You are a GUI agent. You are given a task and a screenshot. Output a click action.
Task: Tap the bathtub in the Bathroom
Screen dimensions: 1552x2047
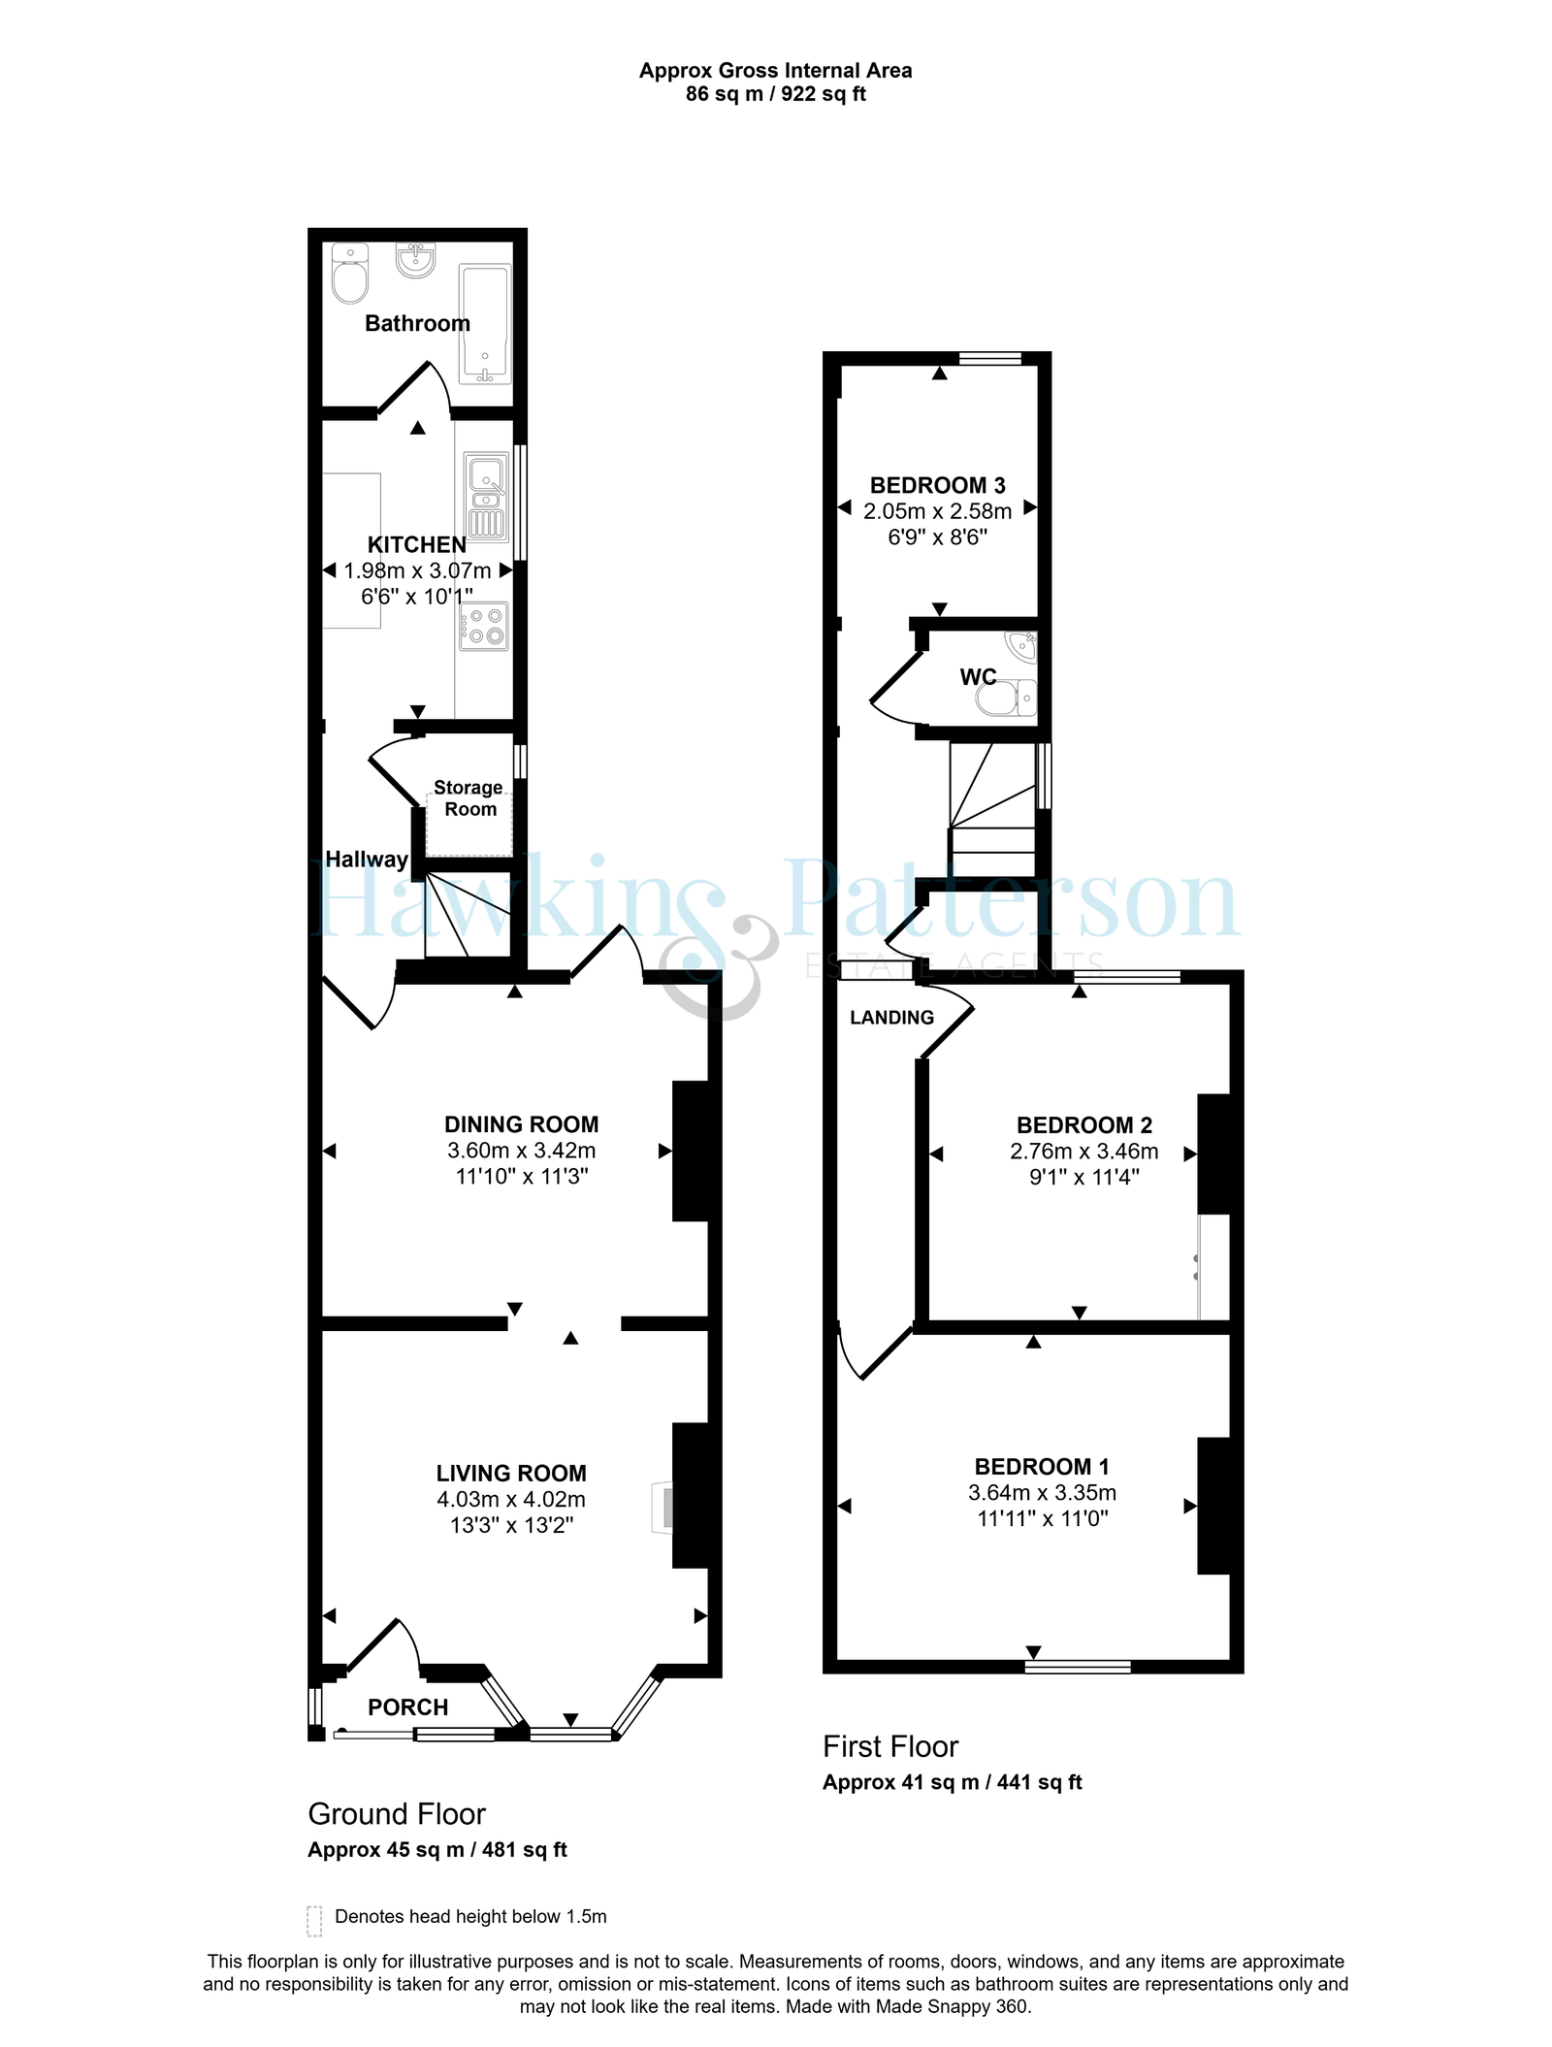pos(484,324)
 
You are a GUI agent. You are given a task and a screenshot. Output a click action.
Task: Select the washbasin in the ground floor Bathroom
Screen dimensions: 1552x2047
pos(416,259)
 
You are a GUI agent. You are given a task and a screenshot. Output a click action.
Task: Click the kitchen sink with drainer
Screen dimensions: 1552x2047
pos(486,497)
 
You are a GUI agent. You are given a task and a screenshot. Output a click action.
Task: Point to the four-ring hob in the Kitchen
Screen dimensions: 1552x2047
pos(484,626)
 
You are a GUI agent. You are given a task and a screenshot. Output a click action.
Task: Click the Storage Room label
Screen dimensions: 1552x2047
pos(469,798)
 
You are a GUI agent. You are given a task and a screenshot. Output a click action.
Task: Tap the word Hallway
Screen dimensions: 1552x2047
pos(367,860)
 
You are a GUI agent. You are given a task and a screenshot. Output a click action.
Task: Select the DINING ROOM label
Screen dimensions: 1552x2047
pos(522,1124)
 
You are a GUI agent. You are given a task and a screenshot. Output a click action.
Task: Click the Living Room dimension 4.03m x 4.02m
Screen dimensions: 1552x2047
pos(511,1499)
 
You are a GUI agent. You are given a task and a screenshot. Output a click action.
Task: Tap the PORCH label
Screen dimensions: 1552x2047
pos(408,1707)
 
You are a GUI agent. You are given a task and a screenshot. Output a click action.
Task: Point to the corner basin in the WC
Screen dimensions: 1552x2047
pos(1021,645)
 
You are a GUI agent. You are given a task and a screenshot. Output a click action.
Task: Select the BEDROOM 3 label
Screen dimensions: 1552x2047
pos(938,485)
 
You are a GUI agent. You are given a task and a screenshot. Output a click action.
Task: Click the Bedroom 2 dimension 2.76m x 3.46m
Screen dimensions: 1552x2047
pos(1084,1152)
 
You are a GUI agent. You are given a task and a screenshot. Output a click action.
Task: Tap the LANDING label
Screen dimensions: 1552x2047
pos(892,1018)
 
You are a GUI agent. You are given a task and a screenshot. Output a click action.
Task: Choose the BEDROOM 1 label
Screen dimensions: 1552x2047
pos(1042,1467)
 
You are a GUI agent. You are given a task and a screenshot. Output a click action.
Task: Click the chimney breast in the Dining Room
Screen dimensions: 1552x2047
pos(691,1151)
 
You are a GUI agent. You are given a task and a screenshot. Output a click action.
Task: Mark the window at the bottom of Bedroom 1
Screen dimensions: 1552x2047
pos(1079,1667)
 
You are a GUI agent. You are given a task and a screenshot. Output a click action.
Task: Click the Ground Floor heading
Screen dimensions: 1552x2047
pos(397,1814)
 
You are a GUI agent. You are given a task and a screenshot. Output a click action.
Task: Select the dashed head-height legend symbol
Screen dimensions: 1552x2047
pos(314,1921)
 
